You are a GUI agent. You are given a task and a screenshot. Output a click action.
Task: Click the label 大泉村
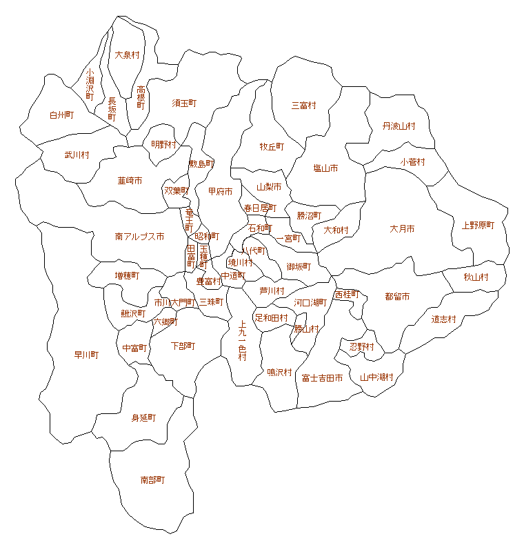(128, 55)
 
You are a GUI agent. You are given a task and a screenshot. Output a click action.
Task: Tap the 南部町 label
(152, 480)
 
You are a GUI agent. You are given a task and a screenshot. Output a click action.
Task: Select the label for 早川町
(86, 355)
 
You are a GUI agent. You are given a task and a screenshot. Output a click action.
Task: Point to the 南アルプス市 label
(139, 237)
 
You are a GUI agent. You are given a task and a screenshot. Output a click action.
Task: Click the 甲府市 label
(220, 192)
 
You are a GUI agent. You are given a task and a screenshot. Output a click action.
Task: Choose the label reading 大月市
(402, 229)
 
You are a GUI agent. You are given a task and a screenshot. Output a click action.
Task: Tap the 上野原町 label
(478, 226)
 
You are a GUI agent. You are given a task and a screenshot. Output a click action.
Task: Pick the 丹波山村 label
(399, 126)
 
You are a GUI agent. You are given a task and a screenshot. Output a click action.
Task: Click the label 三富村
(303, 106)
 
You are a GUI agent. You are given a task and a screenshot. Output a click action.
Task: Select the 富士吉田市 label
(322, 378)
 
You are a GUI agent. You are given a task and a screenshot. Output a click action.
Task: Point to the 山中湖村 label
(376, 377)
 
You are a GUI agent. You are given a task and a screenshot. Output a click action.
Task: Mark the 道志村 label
(444, 319)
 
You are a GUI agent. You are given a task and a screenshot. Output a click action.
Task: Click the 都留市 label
(397, 297)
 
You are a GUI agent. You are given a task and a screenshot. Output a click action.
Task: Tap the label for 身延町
(144, 418)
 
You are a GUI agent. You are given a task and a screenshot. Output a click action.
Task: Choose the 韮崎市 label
(130, 181)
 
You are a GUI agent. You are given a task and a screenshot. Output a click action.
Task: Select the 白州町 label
(61, 115)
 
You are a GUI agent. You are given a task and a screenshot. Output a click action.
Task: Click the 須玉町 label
(184, 103)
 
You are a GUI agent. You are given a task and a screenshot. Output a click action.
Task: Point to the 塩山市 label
(325, 168)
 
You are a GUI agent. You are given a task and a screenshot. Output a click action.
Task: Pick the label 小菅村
(412, 162)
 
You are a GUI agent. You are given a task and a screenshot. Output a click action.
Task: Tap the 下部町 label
(183, 346)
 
